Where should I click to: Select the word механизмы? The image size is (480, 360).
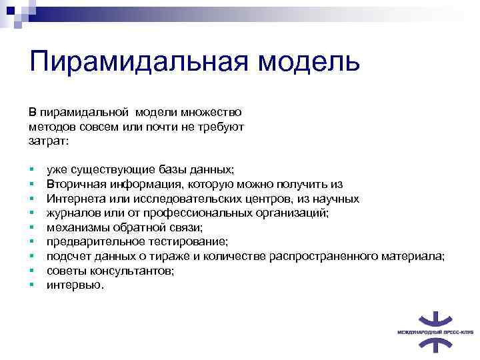point(74,227)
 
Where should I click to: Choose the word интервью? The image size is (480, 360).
point(75,285)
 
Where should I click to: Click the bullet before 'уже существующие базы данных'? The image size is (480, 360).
point(31,170)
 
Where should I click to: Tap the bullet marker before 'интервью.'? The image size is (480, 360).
point(31,285)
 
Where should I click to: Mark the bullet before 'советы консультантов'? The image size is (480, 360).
point(31,271)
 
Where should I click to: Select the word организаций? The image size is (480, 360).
point(296,213)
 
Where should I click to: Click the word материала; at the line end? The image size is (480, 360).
point(415,256)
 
